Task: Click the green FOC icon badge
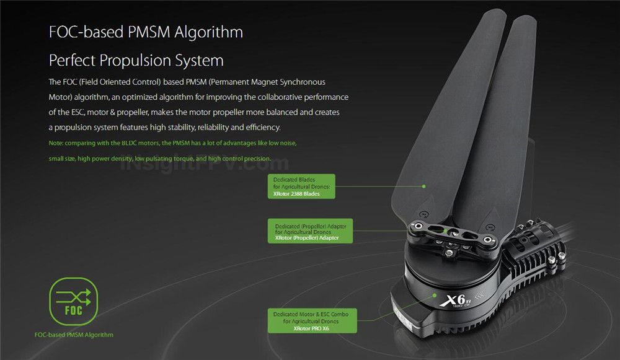coord(74,302)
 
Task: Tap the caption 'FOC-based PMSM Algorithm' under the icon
coord(74,335)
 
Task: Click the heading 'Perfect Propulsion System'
coord(136,61)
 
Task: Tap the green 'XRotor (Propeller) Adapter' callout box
coord(311,230)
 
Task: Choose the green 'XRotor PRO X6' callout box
coord(312,320)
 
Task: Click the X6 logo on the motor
coord(456,301)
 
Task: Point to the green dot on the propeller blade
coord(423,186)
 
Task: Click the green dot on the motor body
coord(434,295)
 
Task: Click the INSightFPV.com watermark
coord(205,164)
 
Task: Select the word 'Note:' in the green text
coord(56,143)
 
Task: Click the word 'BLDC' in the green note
coord(129,143)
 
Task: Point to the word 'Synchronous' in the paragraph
coord(303,82)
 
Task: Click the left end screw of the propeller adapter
coord(417,226)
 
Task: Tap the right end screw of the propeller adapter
coord(489,240)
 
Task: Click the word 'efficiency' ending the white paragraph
coord(262,128)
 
